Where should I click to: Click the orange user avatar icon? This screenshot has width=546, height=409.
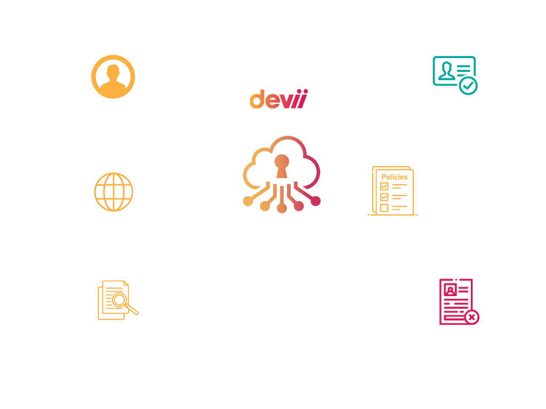(x=113, y=77)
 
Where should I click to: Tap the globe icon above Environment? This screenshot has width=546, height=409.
(x=114, y=192)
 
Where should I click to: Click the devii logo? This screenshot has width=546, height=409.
(x=278, y=100)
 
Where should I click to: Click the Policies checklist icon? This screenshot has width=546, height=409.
(x=394, y=191)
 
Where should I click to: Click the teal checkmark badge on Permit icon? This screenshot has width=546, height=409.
(x=469, y=85)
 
